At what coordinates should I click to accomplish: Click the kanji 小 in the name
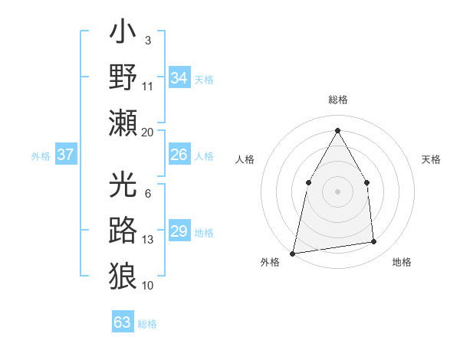click(123, 34)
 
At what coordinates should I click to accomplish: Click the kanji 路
click(123, 230)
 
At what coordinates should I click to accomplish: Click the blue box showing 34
click(179, 78)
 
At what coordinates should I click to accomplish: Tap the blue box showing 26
click(179, 155)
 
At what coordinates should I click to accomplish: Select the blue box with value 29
click(179, 231)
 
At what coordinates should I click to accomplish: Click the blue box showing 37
click(66, 155)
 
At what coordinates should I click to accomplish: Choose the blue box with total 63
click(123, 322)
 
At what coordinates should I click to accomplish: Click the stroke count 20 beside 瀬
click(148, 133)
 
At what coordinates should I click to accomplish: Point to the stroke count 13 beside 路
click(148, 240)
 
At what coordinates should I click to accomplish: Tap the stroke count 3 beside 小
click(147, 40)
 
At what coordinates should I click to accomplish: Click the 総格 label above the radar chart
click(337, 100)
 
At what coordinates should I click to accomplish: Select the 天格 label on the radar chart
click(431, 159)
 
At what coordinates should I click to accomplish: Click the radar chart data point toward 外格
click(292, 253)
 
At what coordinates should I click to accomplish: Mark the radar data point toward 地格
click(374, 242)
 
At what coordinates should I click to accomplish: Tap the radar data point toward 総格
click(337, 129)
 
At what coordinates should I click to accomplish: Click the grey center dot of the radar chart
click(337, 191)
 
